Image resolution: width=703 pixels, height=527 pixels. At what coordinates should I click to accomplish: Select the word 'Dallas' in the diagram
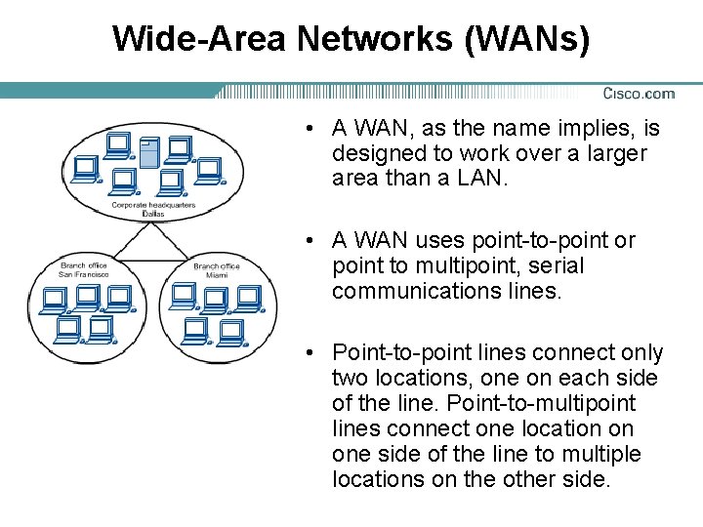click(x=153, y=214)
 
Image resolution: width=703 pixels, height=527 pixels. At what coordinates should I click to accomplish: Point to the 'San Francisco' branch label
click(x=84, y=274)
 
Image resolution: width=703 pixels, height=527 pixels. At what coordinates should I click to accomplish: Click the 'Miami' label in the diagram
click(x=216, y=275)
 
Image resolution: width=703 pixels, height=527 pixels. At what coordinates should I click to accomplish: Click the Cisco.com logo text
click(x=639, y=94)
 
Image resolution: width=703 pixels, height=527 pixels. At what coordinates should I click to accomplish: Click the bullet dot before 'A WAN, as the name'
click(x=308, y=129)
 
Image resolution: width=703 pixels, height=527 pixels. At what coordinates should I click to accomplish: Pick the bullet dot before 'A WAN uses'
click(x=308, y=241)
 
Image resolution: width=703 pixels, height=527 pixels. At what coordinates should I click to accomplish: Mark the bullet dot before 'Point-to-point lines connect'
click(x=308, y=353)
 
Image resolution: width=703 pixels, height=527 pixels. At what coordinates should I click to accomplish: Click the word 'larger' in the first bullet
click(x=615, y=153)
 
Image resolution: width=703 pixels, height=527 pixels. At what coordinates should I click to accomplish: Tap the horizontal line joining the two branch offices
click(x=149, y=261)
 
